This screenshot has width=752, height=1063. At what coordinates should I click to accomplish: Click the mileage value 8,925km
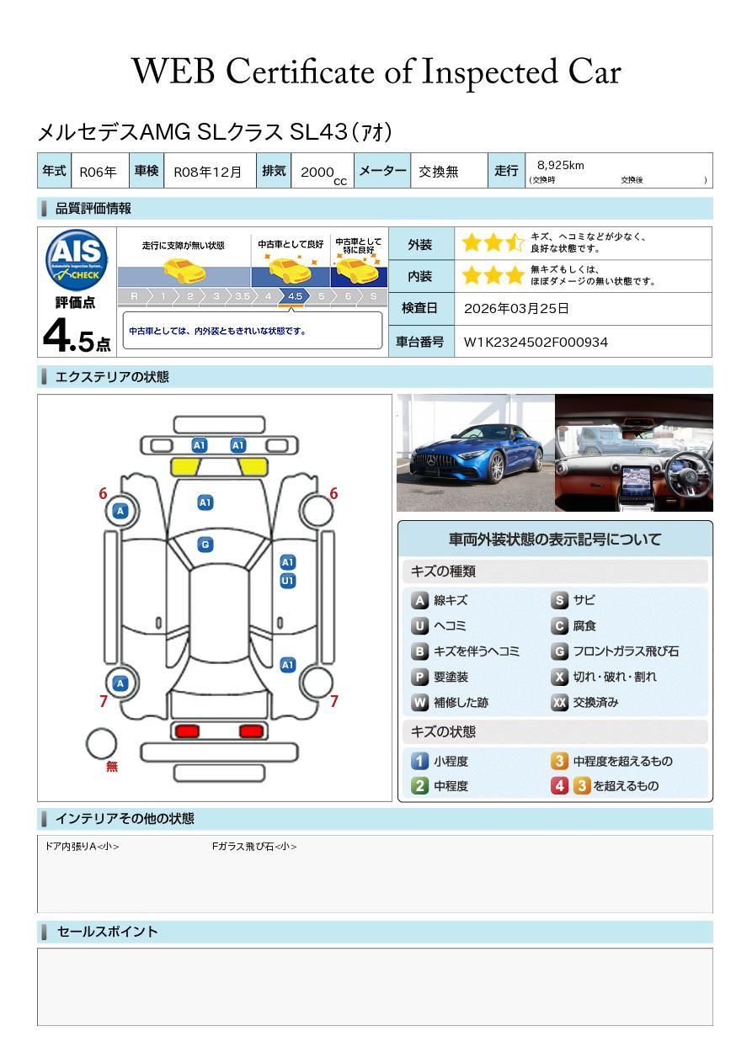(x=560, y=165)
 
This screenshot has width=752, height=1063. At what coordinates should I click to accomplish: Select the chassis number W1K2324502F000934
(x=536, y=342)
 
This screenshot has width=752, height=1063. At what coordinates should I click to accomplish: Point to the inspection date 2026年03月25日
(x=516, y=308)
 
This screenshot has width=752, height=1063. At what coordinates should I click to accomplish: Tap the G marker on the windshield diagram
(x=205, y=545)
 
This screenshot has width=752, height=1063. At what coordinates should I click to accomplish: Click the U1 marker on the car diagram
(x=288, y=581)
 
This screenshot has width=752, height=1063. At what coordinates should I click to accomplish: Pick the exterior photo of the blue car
(x=475, y=453)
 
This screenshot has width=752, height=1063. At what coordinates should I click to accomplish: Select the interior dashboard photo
(x=634, y=453)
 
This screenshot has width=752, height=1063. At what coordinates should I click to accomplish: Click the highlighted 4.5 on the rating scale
(x=295, y=296)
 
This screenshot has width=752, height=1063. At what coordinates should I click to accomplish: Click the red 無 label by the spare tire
(x=112, y=767)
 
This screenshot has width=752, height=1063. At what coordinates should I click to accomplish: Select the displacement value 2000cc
(x=323, y=173)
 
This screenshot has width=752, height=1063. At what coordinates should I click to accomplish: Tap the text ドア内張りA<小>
(x=82, y=847)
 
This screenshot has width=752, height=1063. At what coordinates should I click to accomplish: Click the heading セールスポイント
(x=107, y=932)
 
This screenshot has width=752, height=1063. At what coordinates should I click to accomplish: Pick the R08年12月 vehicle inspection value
(x=207, y=172)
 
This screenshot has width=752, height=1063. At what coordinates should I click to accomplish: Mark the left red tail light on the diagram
(x=185, y=731)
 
